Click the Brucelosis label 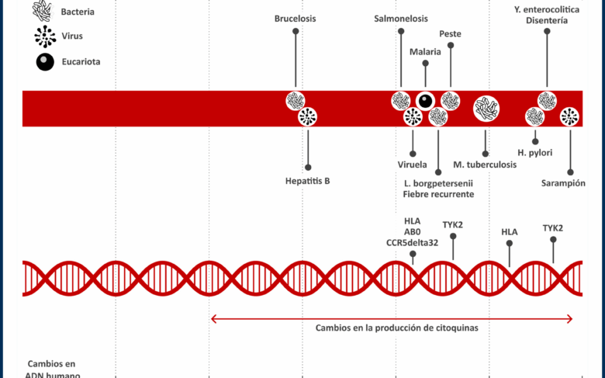(296, 18)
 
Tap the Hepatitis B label (308, 181)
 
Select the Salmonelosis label (400, 18)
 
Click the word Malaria (425, 51)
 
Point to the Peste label (451, 33)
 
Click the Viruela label (412, 165)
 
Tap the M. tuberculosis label (486, 165)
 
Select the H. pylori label (535, 152)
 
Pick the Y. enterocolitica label (546, 9)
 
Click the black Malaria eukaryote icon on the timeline (425, 100)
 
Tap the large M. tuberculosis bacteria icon (486, 109)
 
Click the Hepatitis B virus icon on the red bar (308, 117)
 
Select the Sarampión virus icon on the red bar (570, 117)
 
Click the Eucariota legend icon (46, 62)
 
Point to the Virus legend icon (46, 36)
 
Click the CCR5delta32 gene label (412, 242)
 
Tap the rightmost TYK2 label (553, 227)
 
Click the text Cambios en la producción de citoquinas (396, 328)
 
